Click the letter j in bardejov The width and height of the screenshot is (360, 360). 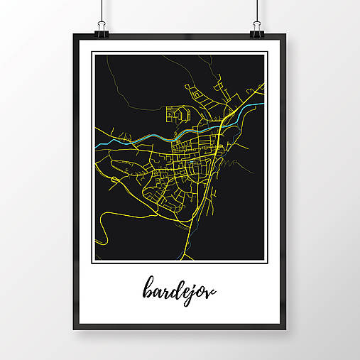point(197,293)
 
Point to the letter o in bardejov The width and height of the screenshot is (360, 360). point(204,291)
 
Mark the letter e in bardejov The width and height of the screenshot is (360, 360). point(188,291)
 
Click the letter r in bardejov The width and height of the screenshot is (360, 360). point(168,291)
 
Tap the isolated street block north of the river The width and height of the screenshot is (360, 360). point(177,114)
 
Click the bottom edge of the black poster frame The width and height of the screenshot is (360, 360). point(180,327)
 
